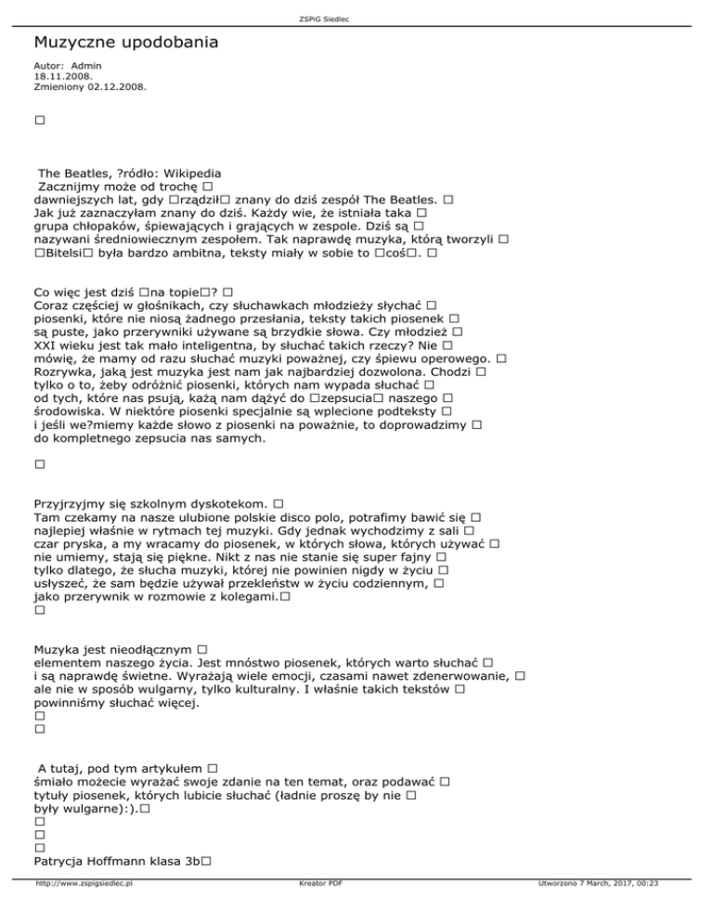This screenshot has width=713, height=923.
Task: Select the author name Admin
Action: [x=86, y=66]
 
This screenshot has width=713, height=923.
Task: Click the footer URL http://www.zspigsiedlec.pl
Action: [x=83, y=909]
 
